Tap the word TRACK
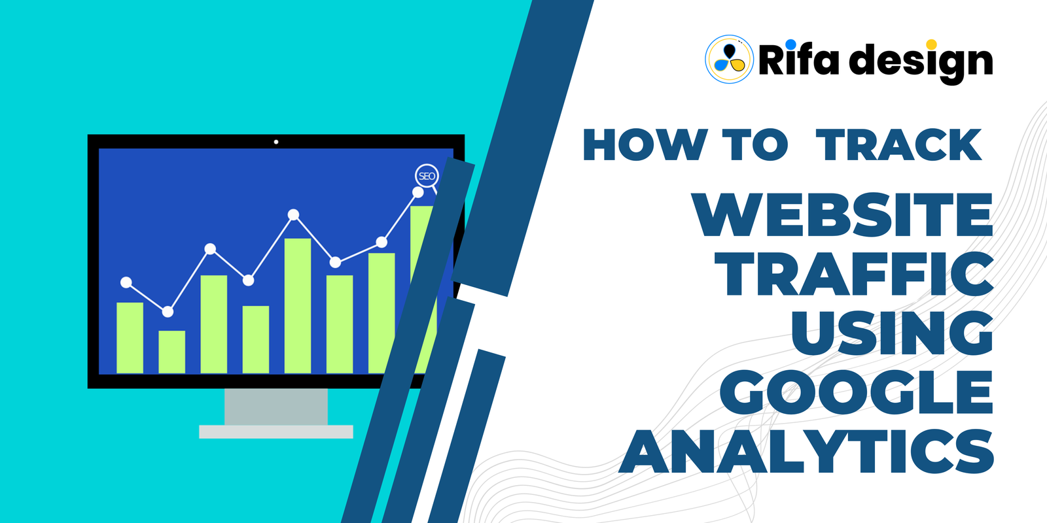898,144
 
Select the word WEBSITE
842,215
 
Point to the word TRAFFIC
854,274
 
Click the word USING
892,333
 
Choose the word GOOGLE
857,392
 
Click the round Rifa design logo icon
729,59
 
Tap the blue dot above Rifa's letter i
790,44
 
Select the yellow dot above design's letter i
931,44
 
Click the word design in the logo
921,63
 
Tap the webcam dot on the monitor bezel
276,142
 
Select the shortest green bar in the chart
172,352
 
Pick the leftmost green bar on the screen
130,338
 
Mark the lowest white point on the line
168,311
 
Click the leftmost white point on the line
126,282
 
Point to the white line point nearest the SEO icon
418,192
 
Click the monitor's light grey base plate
276,432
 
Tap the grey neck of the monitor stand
276,407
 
